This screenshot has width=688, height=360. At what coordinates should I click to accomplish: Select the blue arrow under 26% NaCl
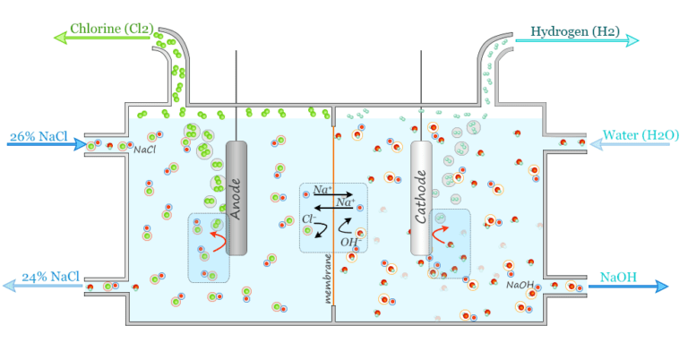pyautogui.click(x=45, y=144)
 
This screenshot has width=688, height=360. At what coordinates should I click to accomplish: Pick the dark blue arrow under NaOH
pyautogui.click(x=627, y=287)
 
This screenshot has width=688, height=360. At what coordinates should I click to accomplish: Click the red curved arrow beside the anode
pyautogui.click(x=215, y=236)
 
